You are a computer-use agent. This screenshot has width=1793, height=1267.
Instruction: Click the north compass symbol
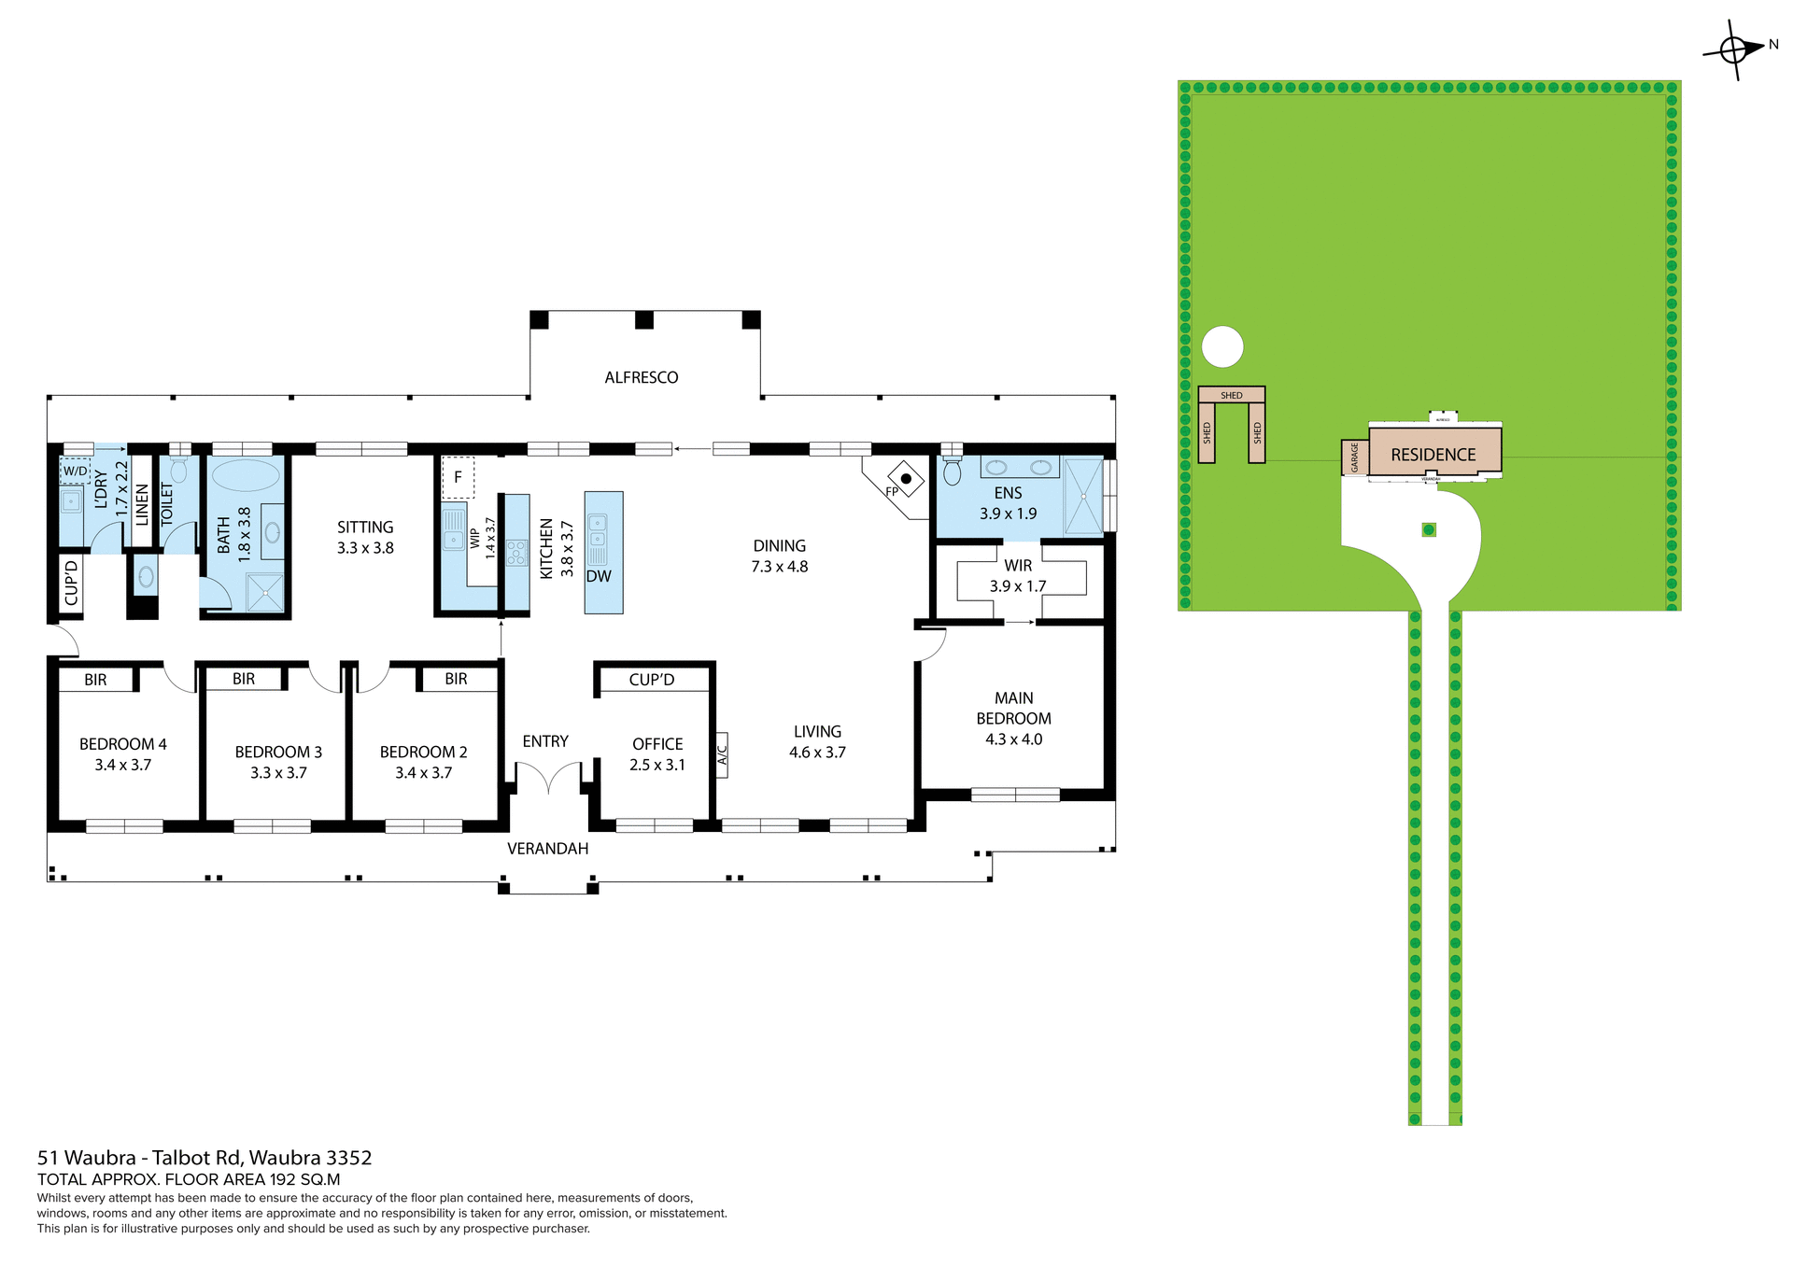point(1734,49)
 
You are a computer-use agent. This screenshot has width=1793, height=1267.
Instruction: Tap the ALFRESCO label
point(641,377)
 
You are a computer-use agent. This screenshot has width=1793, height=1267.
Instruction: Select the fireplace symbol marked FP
point(905,480)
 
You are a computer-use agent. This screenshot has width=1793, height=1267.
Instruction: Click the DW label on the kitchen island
point(599,576)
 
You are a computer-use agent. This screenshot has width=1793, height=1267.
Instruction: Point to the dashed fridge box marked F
point(458,477)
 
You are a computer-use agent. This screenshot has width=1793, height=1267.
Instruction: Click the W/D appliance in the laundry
point(76,471)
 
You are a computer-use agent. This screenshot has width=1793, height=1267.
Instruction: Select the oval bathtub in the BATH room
point(246,475)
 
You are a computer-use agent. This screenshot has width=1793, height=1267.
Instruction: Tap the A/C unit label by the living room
point(722,755)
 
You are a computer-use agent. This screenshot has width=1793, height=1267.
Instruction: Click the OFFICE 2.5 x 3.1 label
point(657,753)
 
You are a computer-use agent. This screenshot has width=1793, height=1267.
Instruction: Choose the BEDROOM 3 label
point(278,752)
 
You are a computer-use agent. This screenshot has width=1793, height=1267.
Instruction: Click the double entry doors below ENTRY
point(548,777)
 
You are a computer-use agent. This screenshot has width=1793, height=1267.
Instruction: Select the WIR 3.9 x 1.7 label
point(1018,576)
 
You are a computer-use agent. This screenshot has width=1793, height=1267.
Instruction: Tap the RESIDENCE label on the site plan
point(1433,455)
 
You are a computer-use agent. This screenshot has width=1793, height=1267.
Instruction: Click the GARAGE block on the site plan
point(1355,457)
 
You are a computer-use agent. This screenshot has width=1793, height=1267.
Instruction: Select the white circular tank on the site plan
point(1222,347)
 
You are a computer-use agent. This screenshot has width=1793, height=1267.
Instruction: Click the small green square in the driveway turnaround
point(1428,529)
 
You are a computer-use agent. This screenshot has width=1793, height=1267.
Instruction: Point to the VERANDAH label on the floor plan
point(547,849)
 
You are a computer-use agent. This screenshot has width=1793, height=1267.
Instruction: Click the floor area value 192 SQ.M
point(304,1179)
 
